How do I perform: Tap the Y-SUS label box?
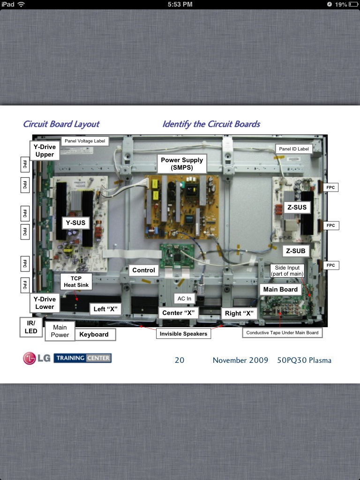pyautogui.click(x=75, y=223)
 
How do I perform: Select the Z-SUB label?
pyautogui.click(x=296, y=251)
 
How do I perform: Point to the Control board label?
pyautogui.click(x=143, y=270)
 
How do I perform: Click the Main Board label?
pyautogui.click(x=280, y=289)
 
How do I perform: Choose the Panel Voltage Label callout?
pyautogui.click(x=85, y=141)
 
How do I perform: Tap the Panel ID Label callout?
pyautogui.click(x=294, y=149)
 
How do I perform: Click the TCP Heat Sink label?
pyautogui.click(x=76, y=282)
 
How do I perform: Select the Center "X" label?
pyautogui.click(x=178, y=313)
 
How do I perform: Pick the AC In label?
pyautogui.click(x=184, y=299)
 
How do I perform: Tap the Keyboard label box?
pyautogui.click(x=94, y=334)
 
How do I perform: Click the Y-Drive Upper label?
pyautogui.click(x=45, y=150)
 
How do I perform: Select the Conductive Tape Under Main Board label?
pyautogui.click(x=282, y=333)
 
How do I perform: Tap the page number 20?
pyautogui.click(x=180, y=360)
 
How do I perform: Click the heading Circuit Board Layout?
pyautogui.click(x=61, y=124)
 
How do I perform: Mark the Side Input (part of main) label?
pyautogui.click(x=287, y=271)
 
